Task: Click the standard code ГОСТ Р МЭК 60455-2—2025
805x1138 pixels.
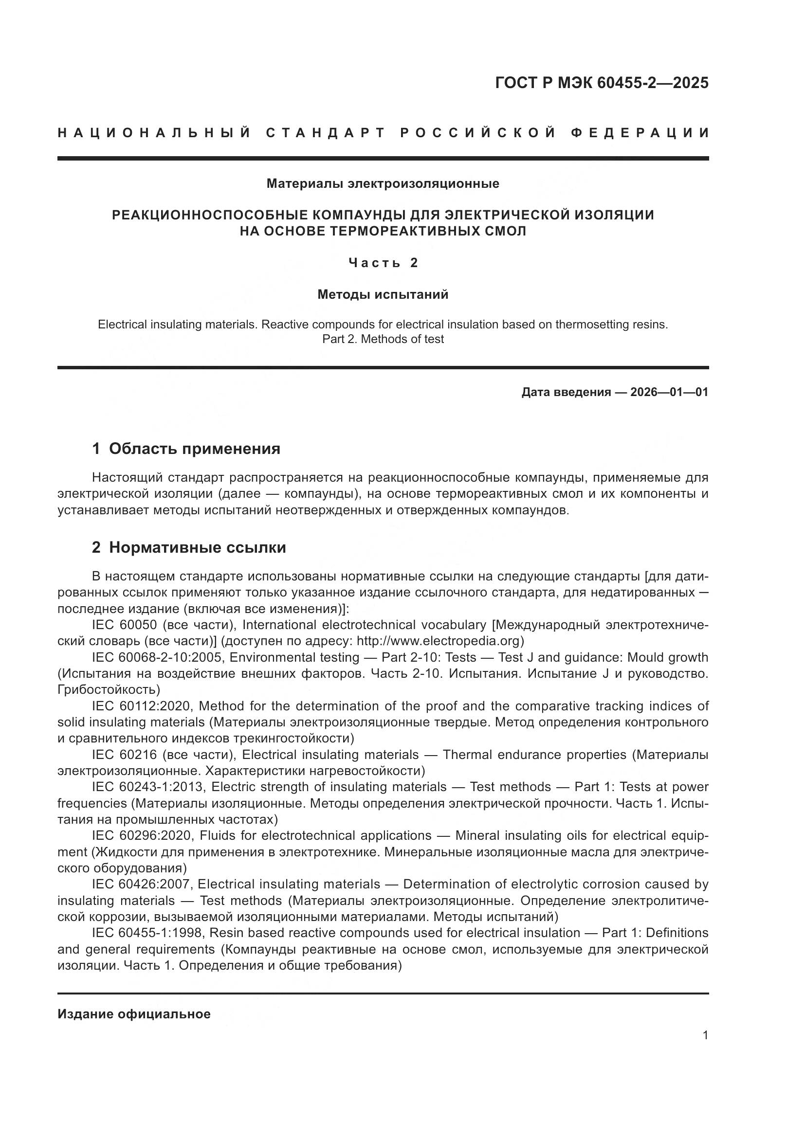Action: [601, 83]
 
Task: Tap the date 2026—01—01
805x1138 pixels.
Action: [669, 392]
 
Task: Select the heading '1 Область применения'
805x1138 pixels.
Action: [186, 449]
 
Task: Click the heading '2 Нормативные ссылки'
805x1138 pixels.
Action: [189, 547]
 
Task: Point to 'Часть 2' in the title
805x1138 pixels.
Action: [383, 263]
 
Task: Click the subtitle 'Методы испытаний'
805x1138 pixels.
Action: [383, 294]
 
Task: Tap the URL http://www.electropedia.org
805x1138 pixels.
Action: [438, 641]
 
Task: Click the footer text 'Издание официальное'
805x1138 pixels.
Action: [134, 1013]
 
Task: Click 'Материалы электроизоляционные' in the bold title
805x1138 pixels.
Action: [383, 184]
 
